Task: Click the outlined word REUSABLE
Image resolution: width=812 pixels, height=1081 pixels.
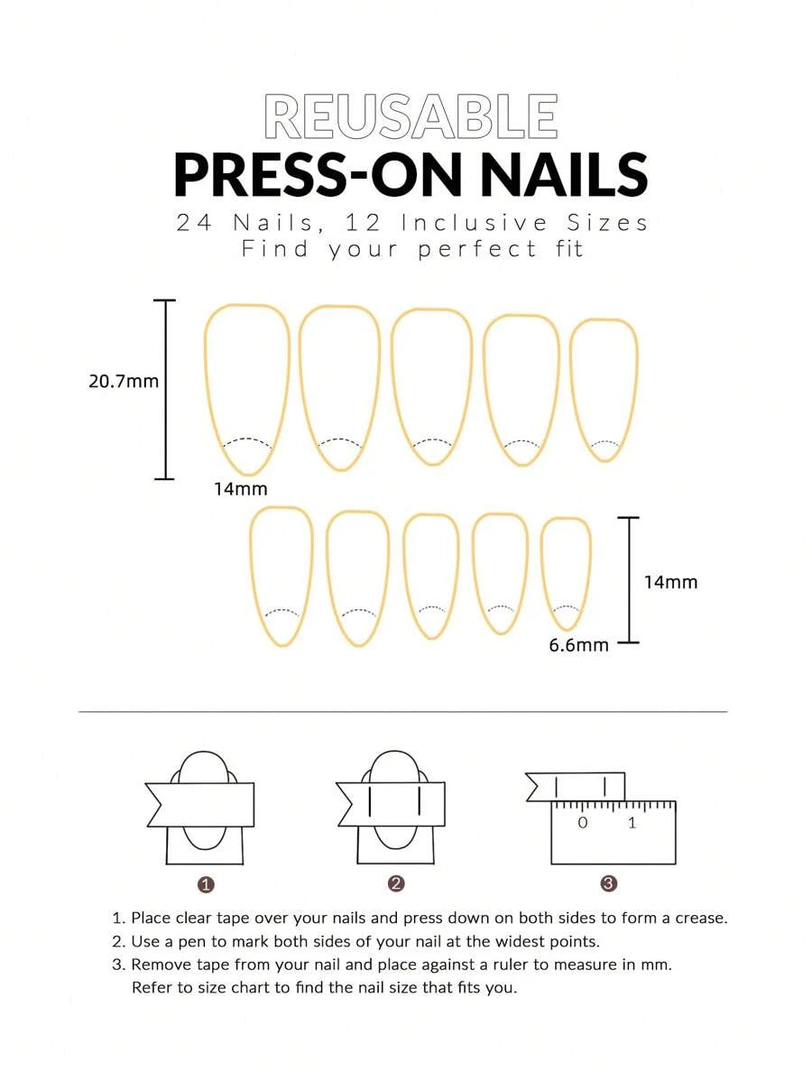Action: point(411,116)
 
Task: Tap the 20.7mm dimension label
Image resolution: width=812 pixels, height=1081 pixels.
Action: point(124,382)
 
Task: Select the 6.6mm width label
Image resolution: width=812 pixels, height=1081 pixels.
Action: point(579,646)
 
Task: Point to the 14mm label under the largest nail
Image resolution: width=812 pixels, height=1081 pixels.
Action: point(241,489)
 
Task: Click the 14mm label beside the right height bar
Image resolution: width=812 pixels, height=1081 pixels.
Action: point(670,583)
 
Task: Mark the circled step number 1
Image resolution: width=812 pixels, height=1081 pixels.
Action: point(206,884)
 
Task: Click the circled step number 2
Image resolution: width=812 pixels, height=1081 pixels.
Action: point(396,883)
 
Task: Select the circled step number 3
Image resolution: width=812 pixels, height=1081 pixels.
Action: point(609,883)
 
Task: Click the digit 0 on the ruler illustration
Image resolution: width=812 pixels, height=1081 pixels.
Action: point(583,822)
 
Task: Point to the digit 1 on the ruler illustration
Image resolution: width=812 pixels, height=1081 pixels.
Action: point(632,822)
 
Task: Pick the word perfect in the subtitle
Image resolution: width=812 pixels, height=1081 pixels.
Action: point(476,249)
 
